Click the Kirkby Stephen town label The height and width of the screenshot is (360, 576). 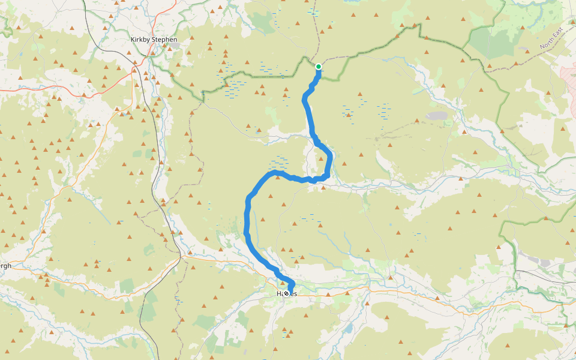point(154,40)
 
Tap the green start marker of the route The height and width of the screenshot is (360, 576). point(319,67)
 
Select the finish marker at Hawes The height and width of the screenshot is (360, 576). point(286,293)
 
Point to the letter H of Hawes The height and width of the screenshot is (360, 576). point(279,293)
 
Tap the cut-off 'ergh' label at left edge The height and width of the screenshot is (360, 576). point(5,266)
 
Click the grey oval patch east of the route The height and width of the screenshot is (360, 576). point(437,116)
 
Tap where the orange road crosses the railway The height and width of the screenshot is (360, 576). point(181,258)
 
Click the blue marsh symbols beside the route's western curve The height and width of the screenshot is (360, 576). point(279,162)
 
